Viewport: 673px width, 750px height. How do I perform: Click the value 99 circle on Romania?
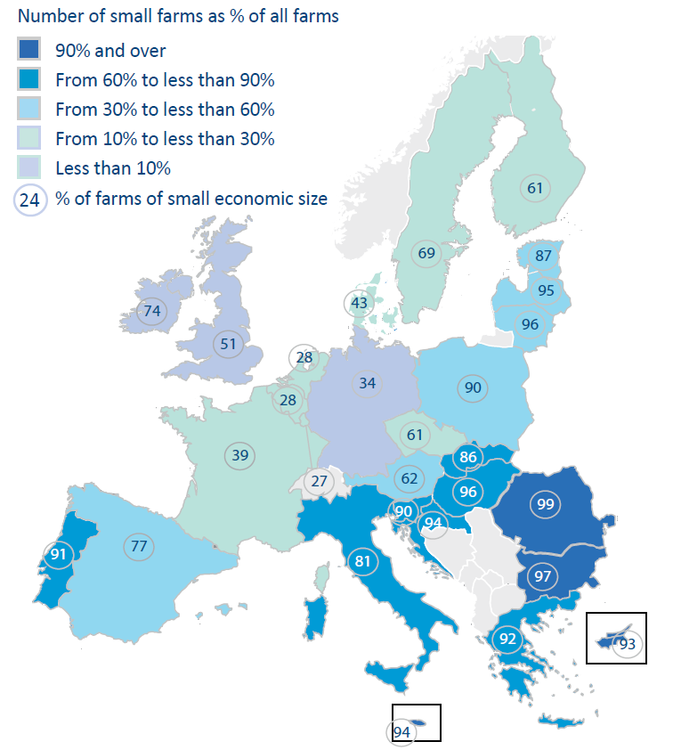(545, 504)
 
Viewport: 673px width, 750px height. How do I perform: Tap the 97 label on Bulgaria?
(543, 576)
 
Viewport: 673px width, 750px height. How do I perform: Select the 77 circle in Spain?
(138, 546)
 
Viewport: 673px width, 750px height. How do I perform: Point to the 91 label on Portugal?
(59, 555)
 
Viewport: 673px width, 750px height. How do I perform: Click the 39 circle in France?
(239, 455)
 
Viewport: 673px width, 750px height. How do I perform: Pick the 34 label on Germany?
(367, 384)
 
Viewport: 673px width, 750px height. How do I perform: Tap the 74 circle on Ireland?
(152, 312)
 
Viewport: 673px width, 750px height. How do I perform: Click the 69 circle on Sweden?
(426, 254)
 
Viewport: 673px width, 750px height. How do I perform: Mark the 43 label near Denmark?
(359, 303)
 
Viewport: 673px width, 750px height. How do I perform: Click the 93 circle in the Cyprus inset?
(628, 643)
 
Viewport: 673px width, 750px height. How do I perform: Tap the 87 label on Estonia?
(542, 256)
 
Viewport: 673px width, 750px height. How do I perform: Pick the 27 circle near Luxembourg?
(317, 482)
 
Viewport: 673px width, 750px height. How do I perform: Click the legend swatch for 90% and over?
(28, 51)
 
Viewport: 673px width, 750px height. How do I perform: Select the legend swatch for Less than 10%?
(28, 167)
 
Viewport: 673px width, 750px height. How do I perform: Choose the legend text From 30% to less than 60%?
(165, 110)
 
